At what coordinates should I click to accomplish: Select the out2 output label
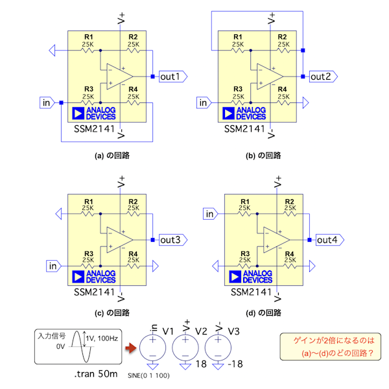[x=321, y=77]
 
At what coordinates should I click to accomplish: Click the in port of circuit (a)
[x=47, y=102]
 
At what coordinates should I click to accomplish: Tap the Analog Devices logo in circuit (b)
[x=244, y=113]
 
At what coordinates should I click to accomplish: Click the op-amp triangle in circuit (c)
[x=117, y=239]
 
